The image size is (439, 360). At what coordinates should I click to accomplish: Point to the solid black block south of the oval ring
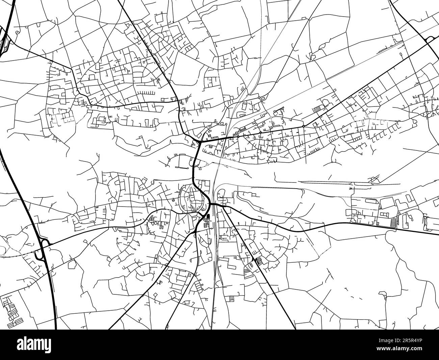(207, 217)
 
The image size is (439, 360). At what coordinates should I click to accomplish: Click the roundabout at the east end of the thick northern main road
(304, 126)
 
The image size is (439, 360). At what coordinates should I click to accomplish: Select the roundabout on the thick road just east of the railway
(237, 137)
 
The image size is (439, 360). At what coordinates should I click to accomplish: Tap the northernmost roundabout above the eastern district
(259, 98)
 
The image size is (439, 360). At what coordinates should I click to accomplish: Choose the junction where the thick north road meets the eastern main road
(201, 142)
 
